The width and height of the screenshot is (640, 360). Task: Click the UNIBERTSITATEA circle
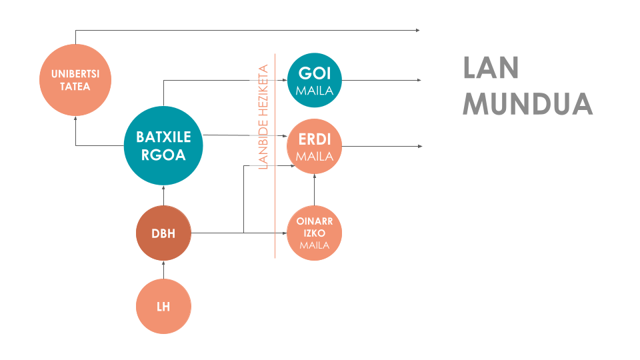coord(75,80)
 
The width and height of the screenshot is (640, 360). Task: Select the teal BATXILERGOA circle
coord(163,146)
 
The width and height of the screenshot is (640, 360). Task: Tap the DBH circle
coord(163,233)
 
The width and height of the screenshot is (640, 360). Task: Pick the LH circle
coord(163,307)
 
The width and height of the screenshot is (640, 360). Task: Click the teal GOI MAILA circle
coord(315,80)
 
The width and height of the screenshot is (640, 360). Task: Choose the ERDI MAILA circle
coord(315,147)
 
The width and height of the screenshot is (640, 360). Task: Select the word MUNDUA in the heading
coord(527,104)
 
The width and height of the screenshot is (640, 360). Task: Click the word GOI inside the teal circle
coord(315,73)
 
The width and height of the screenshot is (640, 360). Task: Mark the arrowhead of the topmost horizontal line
coord(418,31)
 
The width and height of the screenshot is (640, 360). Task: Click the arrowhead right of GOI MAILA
coord(419,80)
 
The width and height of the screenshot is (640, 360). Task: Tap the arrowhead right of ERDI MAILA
coord(419,146)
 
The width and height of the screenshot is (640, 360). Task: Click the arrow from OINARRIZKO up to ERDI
coord(315,190)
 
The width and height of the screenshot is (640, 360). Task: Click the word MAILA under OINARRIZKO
coord(315,245)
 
